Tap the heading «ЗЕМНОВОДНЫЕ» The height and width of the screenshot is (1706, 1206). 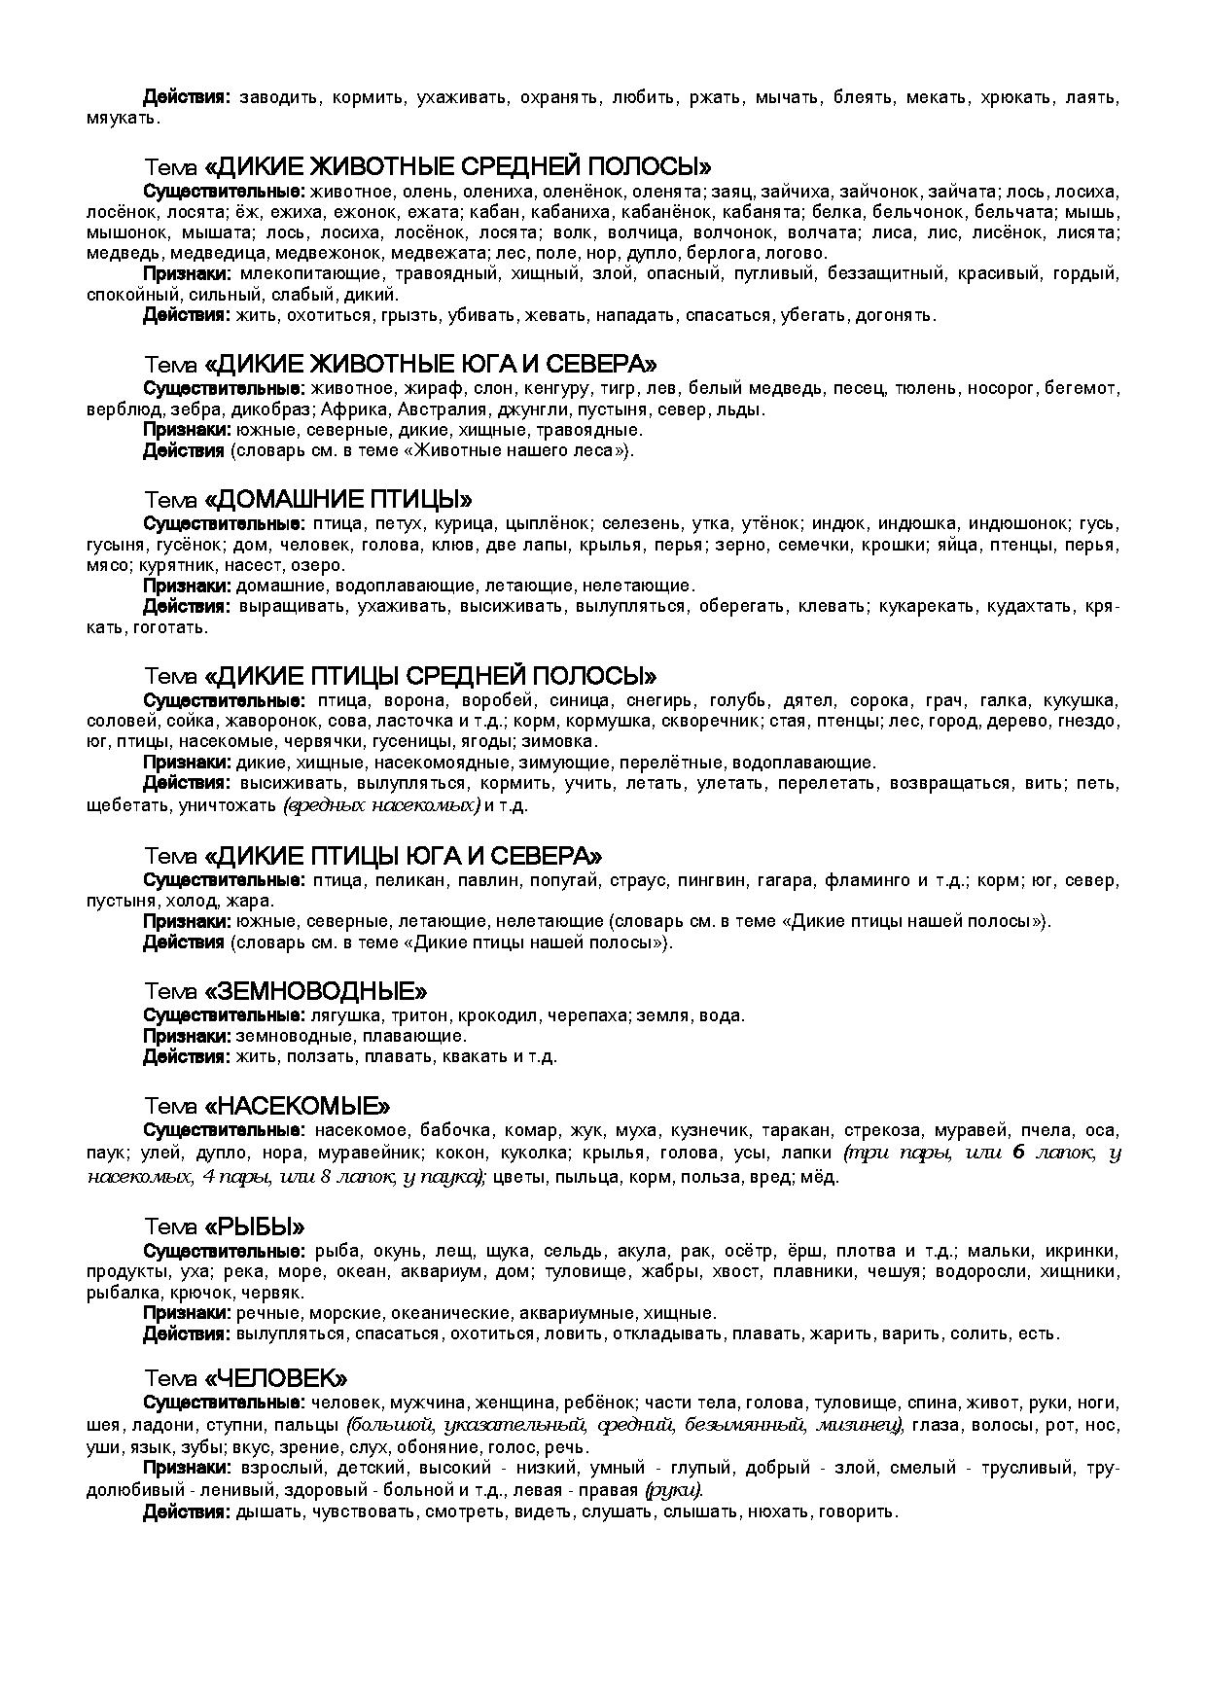tap(315, 991)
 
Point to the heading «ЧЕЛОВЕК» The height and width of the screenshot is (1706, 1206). tap(276, 1378)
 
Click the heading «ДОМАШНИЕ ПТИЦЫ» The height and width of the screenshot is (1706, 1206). tap(337, 500)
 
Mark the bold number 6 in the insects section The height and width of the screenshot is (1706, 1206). tap(1018, 1154)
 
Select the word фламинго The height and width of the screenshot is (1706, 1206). tap(868, 881)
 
